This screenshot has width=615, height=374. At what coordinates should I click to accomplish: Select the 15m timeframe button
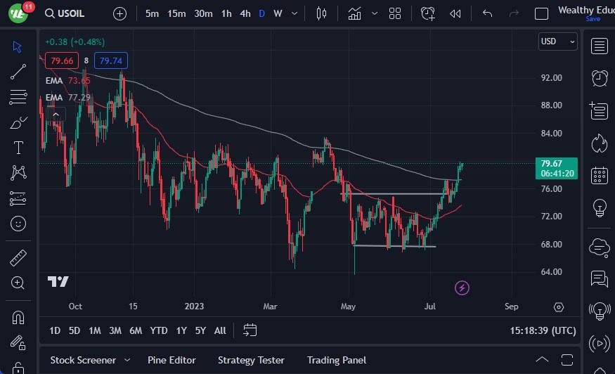click(176, 13)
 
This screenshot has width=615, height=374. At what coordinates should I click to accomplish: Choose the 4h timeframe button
click(245, 13)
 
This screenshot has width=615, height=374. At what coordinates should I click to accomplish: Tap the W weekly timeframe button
click(278, 13)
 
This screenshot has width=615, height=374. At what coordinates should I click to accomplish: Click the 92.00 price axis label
click(551, 77)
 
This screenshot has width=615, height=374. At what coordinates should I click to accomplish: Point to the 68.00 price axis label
click(551, 245)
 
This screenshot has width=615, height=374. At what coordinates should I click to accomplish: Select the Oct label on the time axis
click(75, 307)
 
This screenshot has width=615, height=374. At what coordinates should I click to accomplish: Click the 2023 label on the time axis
click(194, 307)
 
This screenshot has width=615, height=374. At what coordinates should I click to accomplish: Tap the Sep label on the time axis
click(511, 307)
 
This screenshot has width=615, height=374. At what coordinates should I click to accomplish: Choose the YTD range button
click(159, 330)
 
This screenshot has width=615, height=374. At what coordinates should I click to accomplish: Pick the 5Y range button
click(200, 330)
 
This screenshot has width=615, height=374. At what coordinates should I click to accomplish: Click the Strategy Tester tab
click(251, 360)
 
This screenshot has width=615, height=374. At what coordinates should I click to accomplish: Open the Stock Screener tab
click(83, 360)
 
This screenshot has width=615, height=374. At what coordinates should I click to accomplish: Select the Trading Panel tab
click(336, 360)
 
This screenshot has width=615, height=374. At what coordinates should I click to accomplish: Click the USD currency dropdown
click(557, 41)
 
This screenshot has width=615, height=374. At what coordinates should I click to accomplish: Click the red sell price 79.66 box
click(60, 61)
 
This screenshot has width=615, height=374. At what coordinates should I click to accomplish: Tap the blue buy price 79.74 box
click(111, 61)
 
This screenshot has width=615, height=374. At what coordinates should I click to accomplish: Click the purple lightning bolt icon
click(462, 288)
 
